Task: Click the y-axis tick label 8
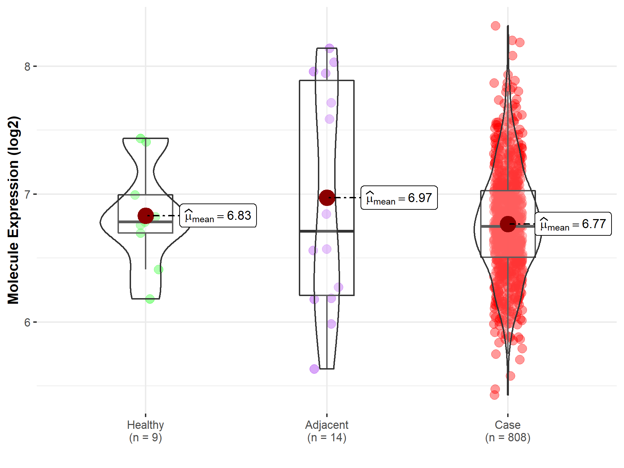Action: (x=27, y=67)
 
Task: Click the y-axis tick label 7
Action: (x=27, y=194)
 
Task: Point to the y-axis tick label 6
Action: (x=27, y=322)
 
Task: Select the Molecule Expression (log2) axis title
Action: (x=13, y=210)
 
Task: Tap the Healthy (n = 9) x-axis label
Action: (x=145, y=431)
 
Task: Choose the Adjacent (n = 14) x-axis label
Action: (x=327, y=431)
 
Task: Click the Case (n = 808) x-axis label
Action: (x=508, y=431)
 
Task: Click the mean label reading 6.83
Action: (x=218, y=216)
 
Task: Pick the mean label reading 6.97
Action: (x=399, y=198)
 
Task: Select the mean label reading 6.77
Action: (x=573, y=224)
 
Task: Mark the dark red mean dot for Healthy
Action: (x=146, y=216)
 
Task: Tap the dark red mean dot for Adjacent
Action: (x=327, y=198)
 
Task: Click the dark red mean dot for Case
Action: (x=508, y=224)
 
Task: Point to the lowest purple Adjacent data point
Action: (x=314, y=369)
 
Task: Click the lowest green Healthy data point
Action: (x=150, y=299)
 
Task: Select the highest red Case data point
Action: (x=495, y=26)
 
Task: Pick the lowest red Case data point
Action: (x=494, y=395)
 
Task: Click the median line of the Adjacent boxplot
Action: (x=327, y=231)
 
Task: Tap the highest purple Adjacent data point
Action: (x=329, y=48)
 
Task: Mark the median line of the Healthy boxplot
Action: (x=146, y=222)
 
